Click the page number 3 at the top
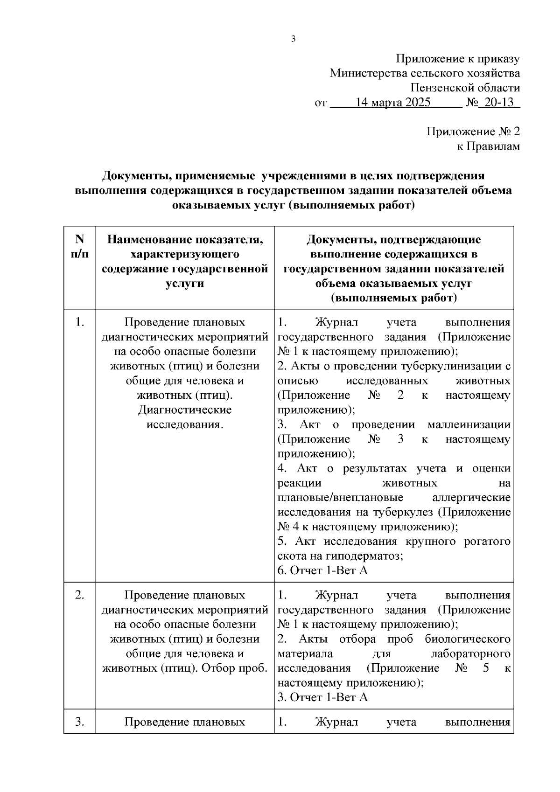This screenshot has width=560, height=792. [x=294, y=39]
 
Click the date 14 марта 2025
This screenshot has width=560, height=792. [x=392, y=102]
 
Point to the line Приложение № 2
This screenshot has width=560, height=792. [x=473, y=132]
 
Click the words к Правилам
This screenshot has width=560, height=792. [x=488, y=146]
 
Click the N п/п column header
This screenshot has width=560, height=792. [x=80, y=247]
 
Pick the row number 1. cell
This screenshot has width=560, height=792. [x=80, y=322]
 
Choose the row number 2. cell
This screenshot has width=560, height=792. [x=80, y=595]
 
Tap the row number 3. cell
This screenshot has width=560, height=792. [x=80, y=722]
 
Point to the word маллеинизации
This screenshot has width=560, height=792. [x=469, y=424]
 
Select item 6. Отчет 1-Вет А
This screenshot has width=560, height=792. [x=322, y=570]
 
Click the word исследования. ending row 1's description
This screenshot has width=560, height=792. [x=185, y=424]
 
